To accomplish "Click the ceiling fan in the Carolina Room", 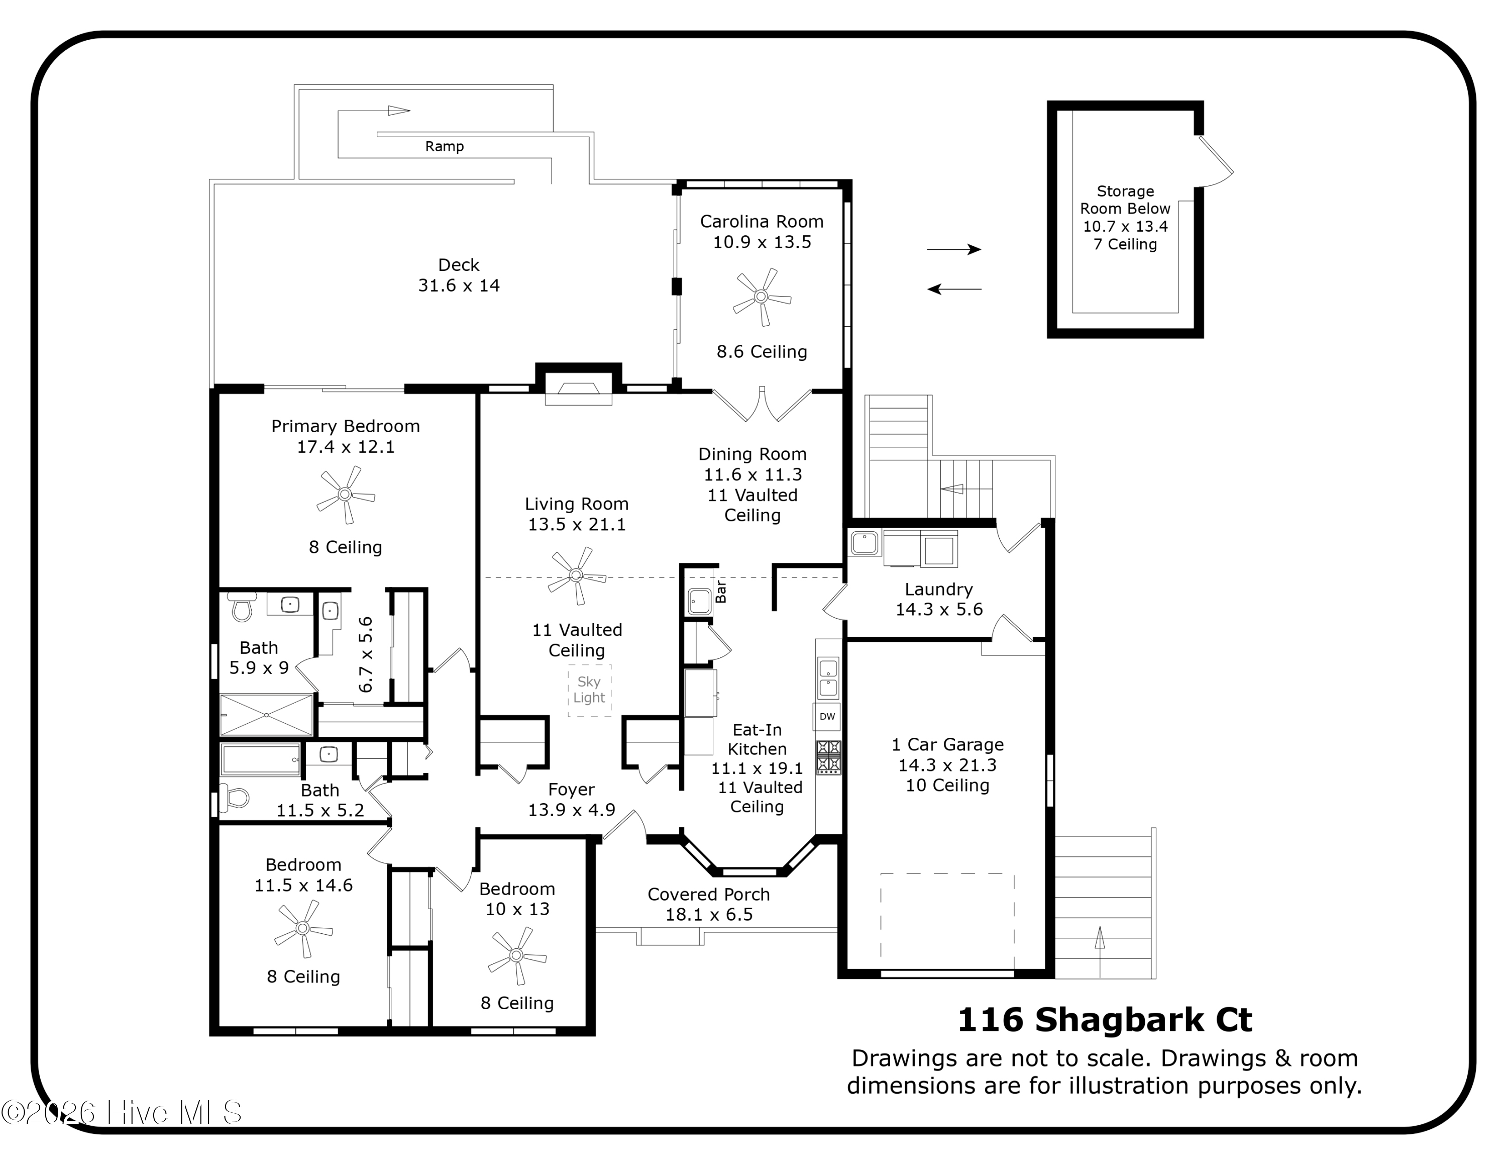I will coord(761,297).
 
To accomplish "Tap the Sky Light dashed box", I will coord(589,690).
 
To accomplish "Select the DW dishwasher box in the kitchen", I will coord(827,716).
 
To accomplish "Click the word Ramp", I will coord(445,146).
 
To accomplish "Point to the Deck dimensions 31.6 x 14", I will coord(459,286).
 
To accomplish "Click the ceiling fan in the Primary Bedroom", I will coord(345,494).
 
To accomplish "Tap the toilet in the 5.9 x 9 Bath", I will coord(242,607).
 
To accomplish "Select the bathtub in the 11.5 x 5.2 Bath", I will coord(261,760).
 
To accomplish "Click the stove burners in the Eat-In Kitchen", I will coord(828,756).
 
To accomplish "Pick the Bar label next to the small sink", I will coord(721,592).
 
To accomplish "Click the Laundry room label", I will coord(938,590).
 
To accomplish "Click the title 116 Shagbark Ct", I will coord(1104,1020).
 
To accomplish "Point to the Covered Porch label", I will coord(709,895).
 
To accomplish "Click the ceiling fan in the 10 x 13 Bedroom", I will coord(517,955).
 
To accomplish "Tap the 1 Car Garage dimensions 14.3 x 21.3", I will coord(947,765).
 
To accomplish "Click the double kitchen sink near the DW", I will coord(828,678).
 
